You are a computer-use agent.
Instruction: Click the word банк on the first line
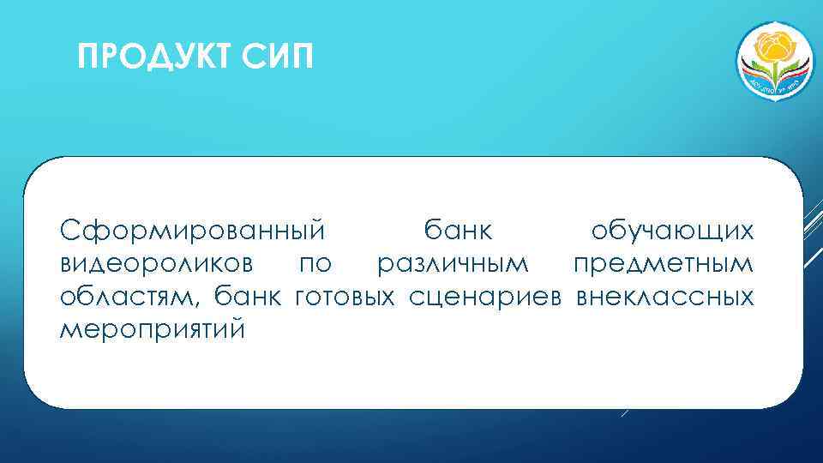458,231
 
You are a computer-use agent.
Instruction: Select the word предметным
664,265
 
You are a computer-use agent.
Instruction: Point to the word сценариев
485,298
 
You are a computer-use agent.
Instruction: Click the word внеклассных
665,298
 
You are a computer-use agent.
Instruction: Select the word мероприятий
152,330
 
